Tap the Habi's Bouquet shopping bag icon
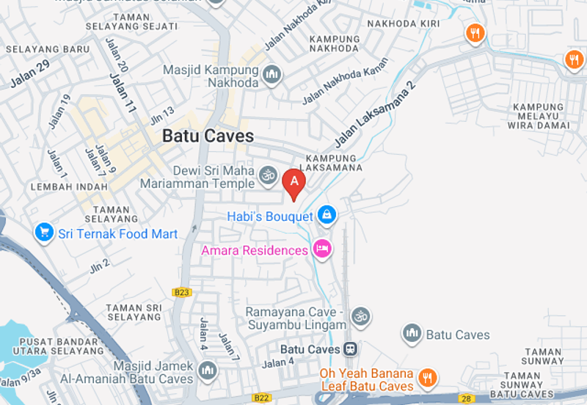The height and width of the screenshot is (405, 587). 327,215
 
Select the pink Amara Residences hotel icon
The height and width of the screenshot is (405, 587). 321,249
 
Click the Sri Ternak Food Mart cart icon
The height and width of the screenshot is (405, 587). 45,233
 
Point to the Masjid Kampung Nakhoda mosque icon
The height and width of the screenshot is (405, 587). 272,75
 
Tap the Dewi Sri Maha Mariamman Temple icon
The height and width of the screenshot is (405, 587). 268,176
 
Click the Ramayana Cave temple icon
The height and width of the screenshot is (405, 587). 360,317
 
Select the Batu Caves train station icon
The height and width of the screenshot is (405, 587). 351,349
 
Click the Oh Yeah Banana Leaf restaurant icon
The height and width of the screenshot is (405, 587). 427,379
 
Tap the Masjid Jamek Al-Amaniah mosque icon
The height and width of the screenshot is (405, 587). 208,371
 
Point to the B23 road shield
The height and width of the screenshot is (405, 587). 182,292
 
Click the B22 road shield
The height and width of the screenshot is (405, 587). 261,397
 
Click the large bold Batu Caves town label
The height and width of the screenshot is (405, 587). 208,136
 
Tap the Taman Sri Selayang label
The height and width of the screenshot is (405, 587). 133,312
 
